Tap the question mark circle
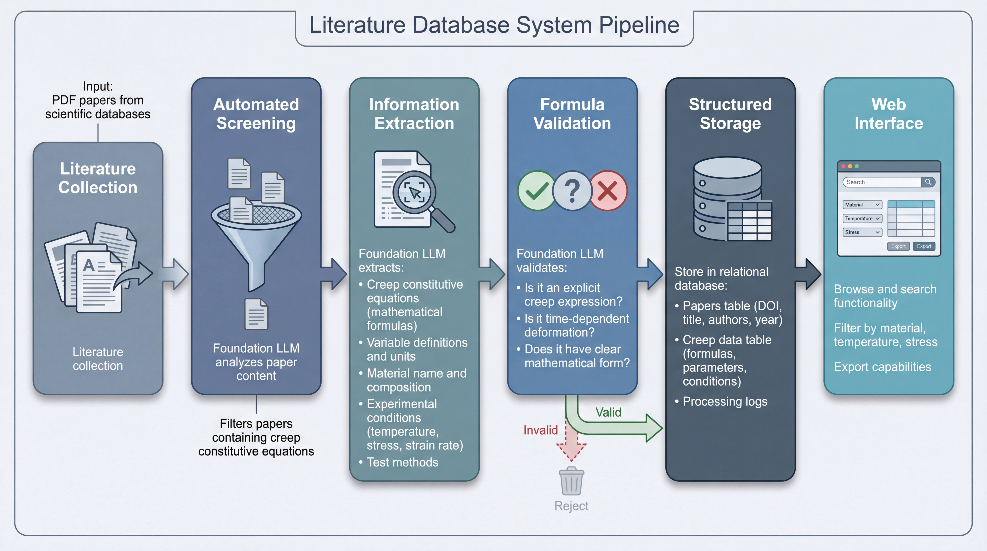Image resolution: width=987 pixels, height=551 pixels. (x=572, y=190)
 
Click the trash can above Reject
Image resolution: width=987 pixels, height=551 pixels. (x=571, y=481)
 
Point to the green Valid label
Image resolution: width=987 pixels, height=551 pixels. (x=608, y=412)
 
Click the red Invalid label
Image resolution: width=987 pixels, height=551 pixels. (x=540, y=430)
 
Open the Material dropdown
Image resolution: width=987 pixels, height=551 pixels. (x=862, y=205)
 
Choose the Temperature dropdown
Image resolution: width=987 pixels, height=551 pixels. (x=862, y=218)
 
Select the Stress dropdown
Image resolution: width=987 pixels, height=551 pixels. (x=862, y=232)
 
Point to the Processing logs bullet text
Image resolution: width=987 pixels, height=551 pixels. (x=725, y=402)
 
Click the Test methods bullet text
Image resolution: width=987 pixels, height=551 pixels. (x=402, y=463)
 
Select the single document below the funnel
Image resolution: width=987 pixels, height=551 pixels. (x=256, y=314)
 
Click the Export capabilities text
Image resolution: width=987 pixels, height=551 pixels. (x=882, y=367)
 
